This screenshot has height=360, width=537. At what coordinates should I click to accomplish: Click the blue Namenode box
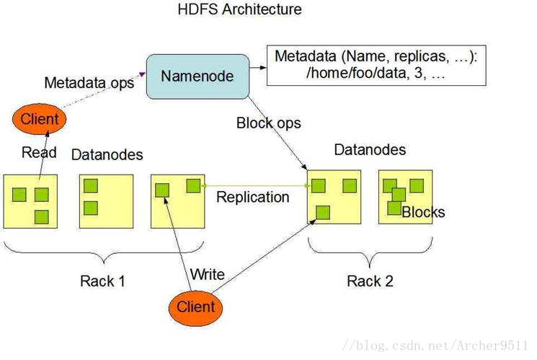198,76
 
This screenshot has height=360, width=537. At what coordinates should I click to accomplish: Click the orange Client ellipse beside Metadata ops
39,119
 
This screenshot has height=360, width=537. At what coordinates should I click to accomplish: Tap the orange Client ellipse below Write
195,307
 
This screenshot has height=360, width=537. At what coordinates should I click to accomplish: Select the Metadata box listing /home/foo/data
376,65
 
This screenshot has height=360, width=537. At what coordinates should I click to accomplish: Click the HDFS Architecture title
240,9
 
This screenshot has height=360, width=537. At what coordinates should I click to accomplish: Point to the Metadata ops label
89,83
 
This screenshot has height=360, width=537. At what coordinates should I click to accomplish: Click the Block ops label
268,123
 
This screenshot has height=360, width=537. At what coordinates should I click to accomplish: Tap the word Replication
253,197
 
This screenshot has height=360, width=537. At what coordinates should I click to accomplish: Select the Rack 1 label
102,281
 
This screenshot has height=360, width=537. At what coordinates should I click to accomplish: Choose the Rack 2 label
370,281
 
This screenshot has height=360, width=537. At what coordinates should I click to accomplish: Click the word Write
208,274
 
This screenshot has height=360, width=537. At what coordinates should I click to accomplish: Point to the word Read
39,152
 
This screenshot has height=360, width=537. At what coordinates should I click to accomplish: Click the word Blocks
423,212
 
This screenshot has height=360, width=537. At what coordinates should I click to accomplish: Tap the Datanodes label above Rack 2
370,150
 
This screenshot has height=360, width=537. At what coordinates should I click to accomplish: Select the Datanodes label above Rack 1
107,155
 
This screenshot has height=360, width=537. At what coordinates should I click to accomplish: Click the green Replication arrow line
256,186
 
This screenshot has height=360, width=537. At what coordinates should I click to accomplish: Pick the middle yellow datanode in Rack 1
106,201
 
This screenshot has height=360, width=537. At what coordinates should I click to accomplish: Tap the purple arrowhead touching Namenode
142,74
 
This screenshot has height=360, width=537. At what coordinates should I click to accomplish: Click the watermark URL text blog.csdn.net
435,346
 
